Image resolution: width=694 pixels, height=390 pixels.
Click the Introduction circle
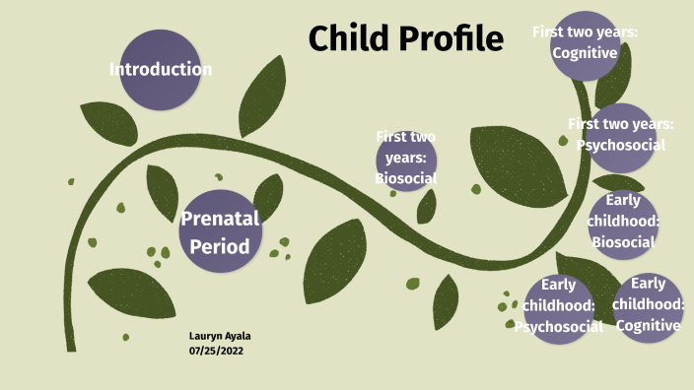coord(160,70)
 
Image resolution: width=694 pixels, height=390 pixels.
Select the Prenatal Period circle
coord(221,231)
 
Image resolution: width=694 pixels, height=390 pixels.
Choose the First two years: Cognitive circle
coord(585,44)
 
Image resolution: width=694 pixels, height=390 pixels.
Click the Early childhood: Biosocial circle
coord(622,224)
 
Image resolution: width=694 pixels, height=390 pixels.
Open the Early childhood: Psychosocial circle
coord(559,306)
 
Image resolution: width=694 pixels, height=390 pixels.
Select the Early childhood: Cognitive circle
coord(649,306)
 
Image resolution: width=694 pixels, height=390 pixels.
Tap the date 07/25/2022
coord(216,351)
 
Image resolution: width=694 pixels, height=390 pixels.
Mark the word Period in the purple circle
coord(220,246)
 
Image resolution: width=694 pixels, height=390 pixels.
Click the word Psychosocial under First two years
coord(621,145)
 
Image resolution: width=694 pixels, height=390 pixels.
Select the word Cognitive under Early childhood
coord(649,325)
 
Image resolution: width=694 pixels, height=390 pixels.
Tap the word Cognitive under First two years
coord(585,53)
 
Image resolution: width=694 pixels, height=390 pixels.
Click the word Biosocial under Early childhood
coord(622,242)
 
